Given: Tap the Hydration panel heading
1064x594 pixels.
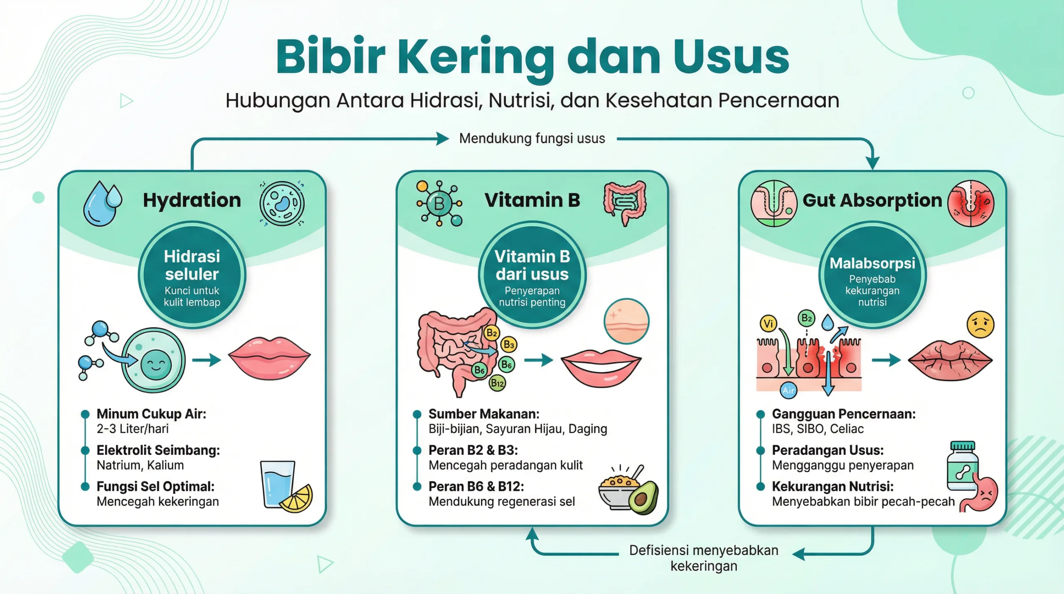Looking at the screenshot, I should pos(192,200).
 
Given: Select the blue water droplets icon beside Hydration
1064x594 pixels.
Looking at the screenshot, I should pos(102,203).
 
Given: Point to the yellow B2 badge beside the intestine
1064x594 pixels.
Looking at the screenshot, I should pos(492,333).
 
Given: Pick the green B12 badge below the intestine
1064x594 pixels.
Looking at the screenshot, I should pos(497,383).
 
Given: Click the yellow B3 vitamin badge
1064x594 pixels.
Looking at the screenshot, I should pos(509,345).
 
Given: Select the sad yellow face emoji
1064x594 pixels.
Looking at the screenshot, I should pos(980,324).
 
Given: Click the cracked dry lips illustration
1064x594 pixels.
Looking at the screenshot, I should pos(950,360).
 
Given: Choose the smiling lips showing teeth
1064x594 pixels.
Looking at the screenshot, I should pos(601,367).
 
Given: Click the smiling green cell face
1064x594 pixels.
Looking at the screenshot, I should pos(156,364).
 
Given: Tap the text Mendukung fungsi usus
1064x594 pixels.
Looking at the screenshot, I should pos(532,138).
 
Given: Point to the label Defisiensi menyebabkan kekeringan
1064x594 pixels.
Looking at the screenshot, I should pos(704,558).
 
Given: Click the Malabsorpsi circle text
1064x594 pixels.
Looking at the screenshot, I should pos(872,264).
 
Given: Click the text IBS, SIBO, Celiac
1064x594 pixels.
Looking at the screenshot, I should pos(818,429).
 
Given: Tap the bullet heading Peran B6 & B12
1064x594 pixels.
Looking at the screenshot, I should pos(476,486).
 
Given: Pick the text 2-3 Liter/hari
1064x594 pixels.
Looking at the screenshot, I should pos(133,429).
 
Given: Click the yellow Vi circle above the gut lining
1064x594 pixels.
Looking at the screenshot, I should pos(768,323).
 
